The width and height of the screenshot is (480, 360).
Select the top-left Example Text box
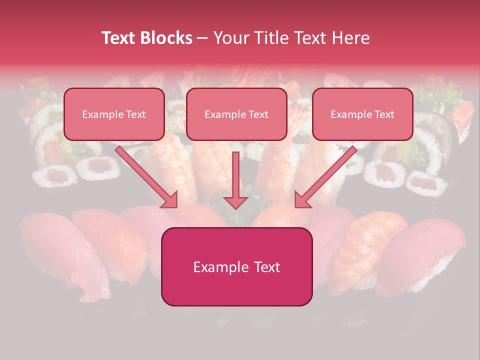tap(114, 114)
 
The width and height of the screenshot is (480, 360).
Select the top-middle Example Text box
tap(236, 114)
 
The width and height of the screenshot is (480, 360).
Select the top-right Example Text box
tap(362, 114)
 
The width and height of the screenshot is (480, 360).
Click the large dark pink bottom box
tap(236, 266)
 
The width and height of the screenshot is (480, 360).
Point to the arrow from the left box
tap(145, 175)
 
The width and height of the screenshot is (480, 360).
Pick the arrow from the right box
tap(327, 175)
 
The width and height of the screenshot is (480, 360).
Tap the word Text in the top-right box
tap(384, 114)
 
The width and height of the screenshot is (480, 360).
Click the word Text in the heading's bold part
tap(119, 38)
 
